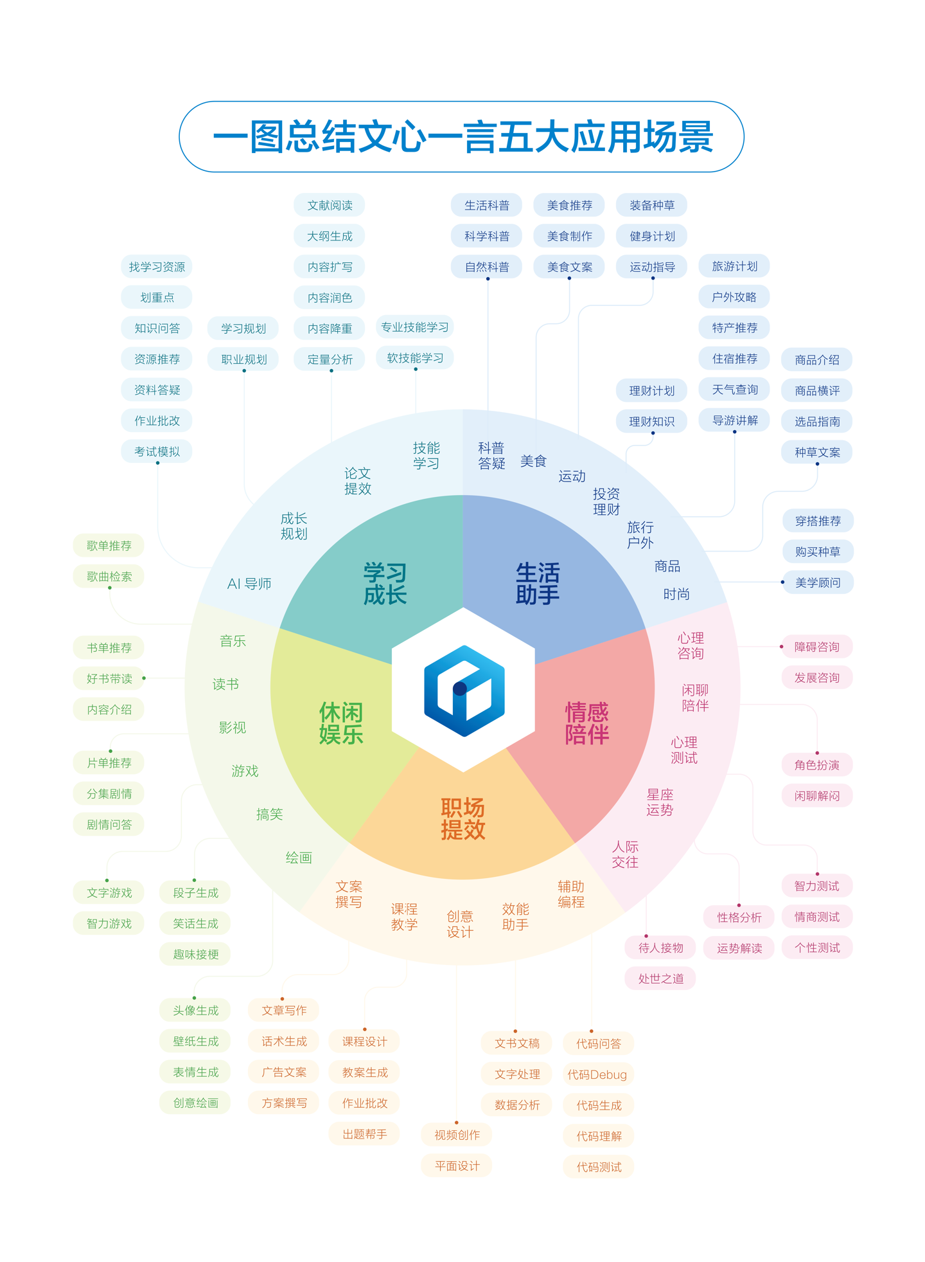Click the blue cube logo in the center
[464, 690]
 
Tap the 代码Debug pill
[597, 1074]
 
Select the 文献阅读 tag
[330, 205]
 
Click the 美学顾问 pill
[817, 582]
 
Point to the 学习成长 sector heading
[385, 584]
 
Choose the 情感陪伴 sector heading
[586, 723]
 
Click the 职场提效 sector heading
[463, 819]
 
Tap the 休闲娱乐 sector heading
[341, 723]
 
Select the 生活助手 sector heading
[538, 584]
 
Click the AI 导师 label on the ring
[249, 584]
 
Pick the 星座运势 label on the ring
[660, 802]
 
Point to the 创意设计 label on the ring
[460, 924]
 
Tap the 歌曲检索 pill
[109, 576]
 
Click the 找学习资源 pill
[157, 267]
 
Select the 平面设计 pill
[457, 1166]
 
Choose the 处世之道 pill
[660, 978]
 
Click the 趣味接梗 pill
[195, 954]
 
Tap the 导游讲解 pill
[734, 420]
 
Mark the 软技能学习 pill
[415, 358]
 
